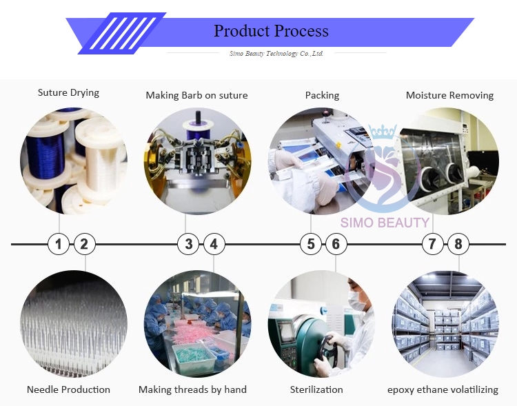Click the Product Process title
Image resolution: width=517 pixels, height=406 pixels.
pos(271,31)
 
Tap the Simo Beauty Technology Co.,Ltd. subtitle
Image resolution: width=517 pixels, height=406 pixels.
pos(276,54)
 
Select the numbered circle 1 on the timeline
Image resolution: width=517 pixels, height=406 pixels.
pos(59,243)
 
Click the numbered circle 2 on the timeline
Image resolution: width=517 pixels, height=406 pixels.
pos(84,243)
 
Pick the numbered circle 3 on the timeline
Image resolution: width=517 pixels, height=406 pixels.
pos(189,243)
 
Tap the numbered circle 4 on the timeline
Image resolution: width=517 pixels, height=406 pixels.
pos(214,243)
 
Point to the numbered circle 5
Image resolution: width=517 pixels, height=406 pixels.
pos(311,243)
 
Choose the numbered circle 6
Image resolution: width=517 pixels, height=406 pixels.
pos(336,243)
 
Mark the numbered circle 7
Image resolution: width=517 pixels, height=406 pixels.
pos(432,243)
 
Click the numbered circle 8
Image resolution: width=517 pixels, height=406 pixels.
pos(458,243)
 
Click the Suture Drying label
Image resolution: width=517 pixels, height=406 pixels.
pos(68,92)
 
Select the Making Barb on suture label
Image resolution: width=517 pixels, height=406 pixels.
pos(196,95)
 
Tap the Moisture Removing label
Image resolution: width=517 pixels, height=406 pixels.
pos(449,95)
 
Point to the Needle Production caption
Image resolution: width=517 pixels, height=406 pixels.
pos(68,389)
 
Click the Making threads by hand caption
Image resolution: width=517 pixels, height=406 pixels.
pos(192,389)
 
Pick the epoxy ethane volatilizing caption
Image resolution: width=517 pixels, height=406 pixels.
pos(443,389)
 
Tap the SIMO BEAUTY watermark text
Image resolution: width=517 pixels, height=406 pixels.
pos(385,222)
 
